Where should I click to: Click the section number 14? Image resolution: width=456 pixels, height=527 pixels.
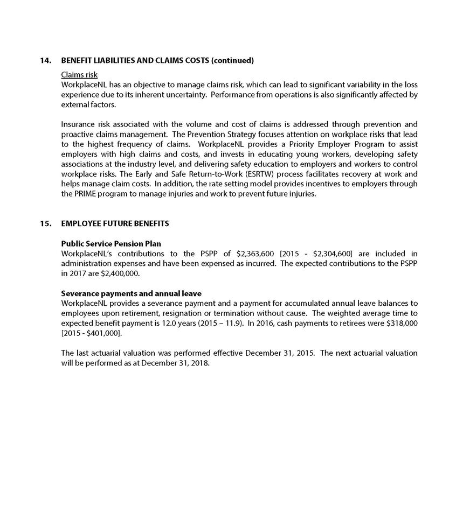(x=45, y=60)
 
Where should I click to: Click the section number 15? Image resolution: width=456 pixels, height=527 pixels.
(x=45, y=223)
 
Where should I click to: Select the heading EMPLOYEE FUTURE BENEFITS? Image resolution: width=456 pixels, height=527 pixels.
(x=115, y=223)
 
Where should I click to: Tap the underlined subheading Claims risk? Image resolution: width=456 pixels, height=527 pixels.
(x=79, y=75)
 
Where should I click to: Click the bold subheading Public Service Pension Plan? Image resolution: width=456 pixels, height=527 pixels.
(x=111, y=244)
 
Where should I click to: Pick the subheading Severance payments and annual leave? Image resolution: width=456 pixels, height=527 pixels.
(x=132, y=293)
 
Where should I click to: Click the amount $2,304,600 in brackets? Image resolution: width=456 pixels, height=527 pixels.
(x=323, y=254)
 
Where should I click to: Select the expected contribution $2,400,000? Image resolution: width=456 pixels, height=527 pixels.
(x=120, y=273)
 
